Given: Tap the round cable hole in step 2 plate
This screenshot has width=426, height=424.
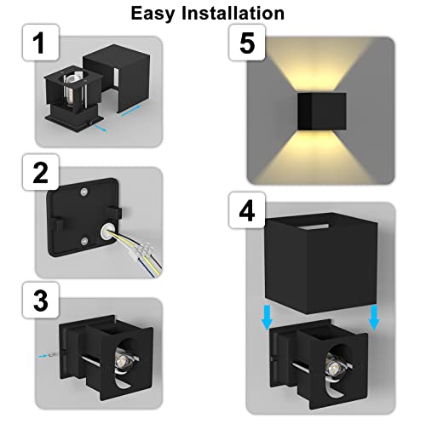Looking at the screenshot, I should (x=106, y=230).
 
